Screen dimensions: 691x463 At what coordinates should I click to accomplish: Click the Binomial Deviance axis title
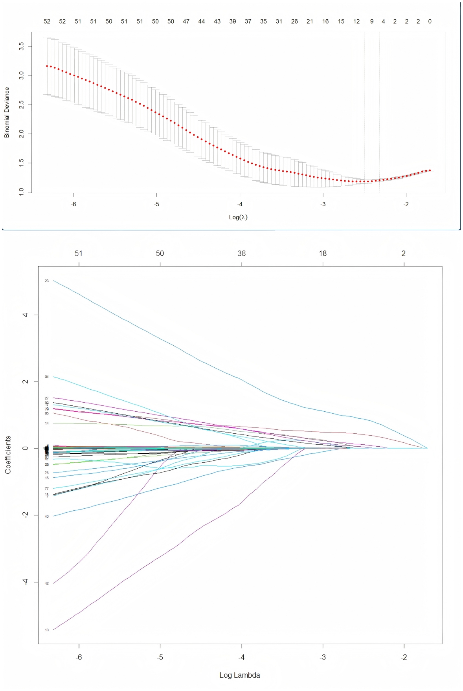(7, 112)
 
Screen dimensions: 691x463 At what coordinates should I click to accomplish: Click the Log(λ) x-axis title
(238, 217)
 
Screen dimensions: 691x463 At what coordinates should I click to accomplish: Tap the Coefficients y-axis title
(8, 455)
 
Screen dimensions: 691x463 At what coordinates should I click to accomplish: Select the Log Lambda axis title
(239, 675)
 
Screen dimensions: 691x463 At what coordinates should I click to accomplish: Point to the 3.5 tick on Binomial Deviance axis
(21, 46)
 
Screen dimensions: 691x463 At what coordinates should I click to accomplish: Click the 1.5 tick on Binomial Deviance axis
(21, 163)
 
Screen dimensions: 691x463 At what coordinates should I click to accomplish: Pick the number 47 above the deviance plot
(186, 22)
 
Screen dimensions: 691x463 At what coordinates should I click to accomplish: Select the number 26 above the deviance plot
(294, 22)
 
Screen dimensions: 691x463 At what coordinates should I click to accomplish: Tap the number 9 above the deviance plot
(372, 22)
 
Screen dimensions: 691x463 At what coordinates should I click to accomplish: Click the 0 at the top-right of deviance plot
(430, 22)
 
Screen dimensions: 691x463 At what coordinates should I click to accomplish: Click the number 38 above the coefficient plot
(241, 253)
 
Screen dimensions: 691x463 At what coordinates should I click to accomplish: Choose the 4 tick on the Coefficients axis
(25, 315)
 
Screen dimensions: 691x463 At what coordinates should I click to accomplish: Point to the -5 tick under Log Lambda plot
(160, 657)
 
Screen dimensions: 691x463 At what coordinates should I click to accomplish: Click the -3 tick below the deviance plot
(323, 204)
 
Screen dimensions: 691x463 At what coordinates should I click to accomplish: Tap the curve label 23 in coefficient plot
(47, 281)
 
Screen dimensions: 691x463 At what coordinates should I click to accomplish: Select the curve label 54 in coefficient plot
(47, 377)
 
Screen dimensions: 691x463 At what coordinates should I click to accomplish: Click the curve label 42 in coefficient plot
(47, 583)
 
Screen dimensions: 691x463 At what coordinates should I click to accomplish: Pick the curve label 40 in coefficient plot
(47, 517)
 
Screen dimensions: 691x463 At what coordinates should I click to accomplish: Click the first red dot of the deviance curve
(47, 66)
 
